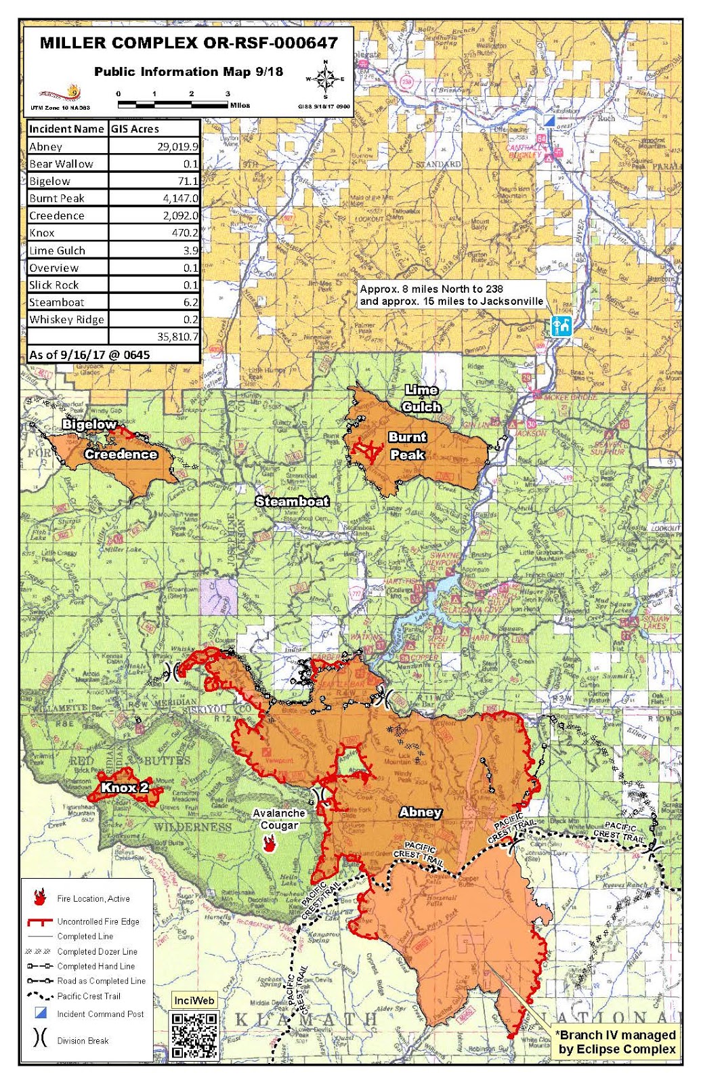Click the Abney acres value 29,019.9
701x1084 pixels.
(177, 146)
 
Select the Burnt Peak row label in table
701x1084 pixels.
(58, 199)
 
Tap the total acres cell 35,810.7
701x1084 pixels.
(177, 337)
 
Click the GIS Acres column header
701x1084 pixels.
(135, 129)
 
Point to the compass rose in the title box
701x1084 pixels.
(326, 80)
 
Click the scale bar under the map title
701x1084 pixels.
(173, 105)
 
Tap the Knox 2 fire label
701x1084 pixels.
(124, 787)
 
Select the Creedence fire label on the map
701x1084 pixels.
(121, 455)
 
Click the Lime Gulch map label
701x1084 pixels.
(422, 398)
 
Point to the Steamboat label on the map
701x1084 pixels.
(292, 501)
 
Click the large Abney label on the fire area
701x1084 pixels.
(421, 812)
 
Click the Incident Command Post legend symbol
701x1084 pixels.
(41, 1014)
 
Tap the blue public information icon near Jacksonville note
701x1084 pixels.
(561, 326)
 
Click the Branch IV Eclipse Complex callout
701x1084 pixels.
(616, 1042)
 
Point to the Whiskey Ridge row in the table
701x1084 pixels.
(66, 320)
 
